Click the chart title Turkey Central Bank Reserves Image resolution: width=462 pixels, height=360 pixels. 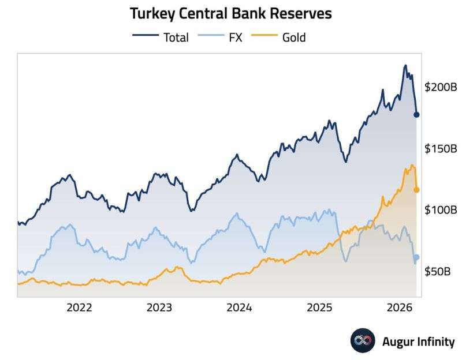tap(230, 13)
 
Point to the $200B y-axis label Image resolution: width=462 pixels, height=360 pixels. tap(441, 88)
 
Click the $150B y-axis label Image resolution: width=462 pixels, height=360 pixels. tap(441, 149)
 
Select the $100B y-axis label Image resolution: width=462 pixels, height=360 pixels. tap(441, 210)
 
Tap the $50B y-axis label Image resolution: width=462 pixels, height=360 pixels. tap(438, 271)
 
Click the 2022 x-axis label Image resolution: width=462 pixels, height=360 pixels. tap(79, 307)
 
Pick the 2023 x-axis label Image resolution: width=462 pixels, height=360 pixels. tap(159, 307)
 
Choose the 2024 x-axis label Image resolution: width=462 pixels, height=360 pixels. tap(239, 307)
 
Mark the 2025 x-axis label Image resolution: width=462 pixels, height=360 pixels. tap(319, 307)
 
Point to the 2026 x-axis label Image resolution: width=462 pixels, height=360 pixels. tap(398, 307)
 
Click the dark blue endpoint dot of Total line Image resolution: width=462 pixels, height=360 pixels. tap(416, 114)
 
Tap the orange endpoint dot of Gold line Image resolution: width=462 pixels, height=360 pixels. tap(416, 189)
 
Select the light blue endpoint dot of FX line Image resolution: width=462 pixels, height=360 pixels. tap(416, 257)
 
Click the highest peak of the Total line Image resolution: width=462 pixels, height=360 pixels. tap(405, 66)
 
